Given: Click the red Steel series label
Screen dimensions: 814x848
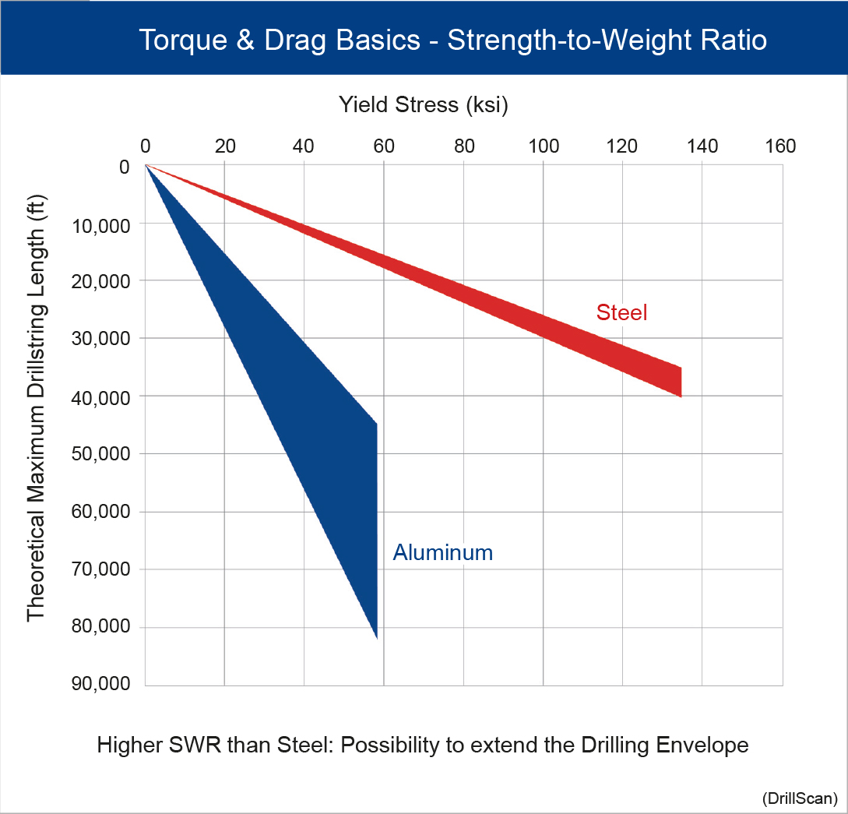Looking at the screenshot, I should point(622,312).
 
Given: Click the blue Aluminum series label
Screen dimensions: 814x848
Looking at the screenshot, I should point(442,552).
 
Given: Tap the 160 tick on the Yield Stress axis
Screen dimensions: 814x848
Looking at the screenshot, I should point(781,146).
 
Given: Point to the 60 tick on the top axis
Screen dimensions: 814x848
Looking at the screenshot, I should point(383,146).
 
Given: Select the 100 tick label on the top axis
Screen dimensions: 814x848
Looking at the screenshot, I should point(543,146).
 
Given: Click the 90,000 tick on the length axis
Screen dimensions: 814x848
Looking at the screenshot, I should point(100,685).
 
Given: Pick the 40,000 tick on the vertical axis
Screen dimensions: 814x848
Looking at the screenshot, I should point(100,396).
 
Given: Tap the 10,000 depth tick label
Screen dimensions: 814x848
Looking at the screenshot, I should point(100,224).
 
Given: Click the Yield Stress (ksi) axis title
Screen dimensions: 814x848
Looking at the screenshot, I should point(423,104).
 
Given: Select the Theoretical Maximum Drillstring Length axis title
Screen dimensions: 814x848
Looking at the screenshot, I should point(37,407).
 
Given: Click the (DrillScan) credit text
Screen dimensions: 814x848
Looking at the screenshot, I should point(800,798).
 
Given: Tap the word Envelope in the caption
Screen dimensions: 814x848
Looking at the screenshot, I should point(700,745).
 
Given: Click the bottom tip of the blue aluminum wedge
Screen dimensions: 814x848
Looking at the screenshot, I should point(377,637).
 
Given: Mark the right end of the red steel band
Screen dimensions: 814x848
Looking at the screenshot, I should point(681,382).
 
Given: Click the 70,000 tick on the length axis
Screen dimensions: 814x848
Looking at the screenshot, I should point(100,569).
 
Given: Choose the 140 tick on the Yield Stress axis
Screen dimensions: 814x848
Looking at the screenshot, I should point(702,146).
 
